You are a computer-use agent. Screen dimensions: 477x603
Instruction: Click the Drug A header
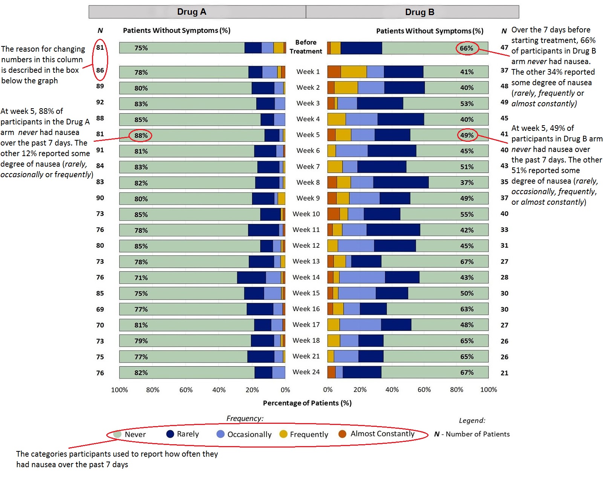pos(191,12)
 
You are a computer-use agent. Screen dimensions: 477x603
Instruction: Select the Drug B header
pos(419,12)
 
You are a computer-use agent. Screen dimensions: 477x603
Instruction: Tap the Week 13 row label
pos(306,261)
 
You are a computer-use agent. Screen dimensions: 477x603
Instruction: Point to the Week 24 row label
pos(306,372)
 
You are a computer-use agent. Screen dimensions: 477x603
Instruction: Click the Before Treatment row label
pos(306,47)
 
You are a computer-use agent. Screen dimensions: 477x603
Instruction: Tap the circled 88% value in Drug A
pos(141,135)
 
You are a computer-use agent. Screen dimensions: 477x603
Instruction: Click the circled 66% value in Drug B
pos(467,48)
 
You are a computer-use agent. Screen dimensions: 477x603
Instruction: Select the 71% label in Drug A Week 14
pos(141,278)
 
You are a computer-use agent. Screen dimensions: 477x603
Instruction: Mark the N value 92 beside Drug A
pos(100,102)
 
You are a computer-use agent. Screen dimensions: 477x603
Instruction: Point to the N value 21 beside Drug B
pos(504,373)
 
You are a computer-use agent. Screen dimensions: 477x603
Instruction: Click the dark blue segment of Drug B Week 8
pos(401,183)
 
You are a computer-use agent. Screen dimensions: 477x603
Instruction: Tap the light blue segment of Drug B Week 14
pos(362,278)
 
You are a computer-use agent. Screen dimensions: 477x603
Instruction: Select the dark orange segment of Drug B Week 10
pos(334,214)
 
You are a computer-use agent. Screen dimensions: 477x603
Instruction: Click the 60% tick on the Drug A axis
pos(186,390)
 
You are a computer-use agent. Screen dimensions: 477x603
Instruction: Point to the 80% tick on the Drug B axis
pos(456,390)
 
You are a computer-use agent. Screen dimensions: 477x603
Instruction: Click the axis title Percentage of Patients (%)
pos(307,403)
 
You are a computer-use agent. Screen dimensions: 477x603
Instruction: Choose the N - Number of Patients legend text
pos(472,434)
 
